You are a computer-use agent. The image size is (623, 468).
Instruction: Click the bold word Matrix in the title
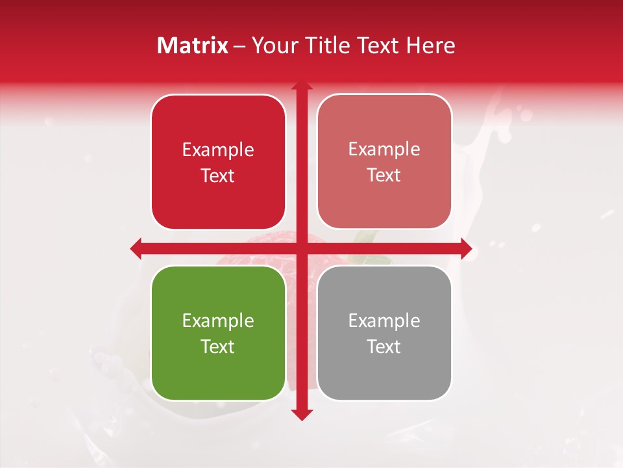[x=193, y=45]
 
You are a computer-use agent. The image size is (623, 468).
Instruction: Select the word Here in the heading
[x=431, y=45]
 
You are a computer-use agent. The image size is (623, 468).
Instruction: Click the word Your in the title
[x=273, y=45]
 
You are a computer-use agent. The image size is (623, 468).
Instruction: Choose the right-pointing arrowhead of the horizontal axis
[x=466, y=248]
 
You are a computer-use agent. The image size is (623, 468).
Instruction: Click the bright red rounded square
[x=218, y=162]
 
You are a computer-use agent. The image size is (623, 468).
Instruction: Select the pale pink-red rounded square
[x=384, y=162]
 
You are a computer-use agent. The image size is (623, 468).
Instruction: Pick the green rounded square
[x=218, y=333]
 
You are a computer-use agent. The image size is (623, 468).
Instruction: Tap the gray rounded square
[x=384, y=333]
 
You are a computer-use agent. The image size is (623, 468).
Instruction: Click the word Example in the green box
[x=218, y=321]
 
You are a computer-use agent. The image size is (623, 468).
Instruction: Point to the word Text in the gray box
[x=384, y=347]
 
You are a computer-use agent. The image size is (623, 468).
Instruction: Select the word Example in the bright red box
[x=218, y=150]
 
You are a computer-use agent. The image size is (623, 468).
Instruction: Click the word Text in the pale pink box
[x=384, y=175]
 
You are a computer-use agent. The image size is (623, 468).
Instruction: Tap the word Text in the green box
[x=218, y=347]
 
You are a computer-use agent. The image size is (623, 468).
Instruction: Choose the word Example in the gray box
[x=384, y=321]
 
